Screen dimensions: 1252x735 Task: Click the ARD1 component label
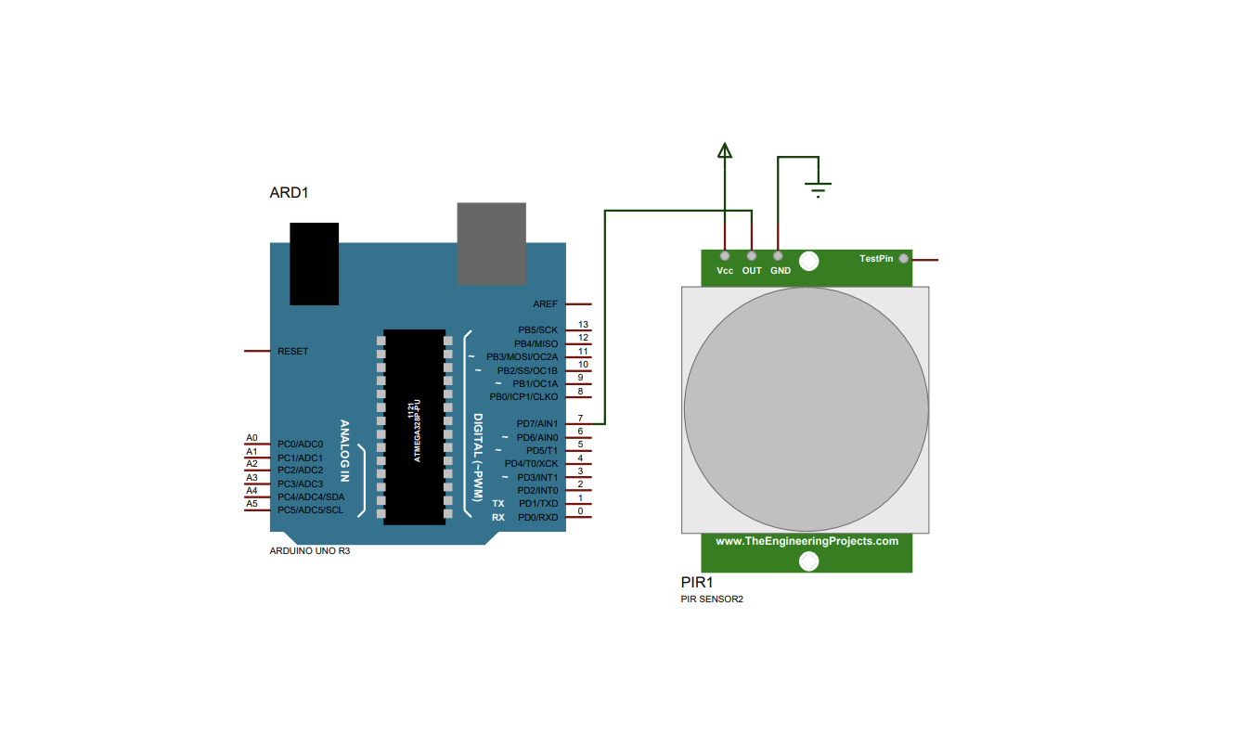[289, 193]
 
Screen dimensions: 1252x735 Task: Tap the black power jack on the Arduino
[314, 264]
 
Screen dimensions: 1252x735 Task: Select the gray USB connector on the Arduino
[491, 244]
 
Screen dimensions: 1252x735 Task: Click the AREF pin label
[545, 304]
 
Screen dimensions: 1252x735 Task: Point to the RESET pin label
[293, 351]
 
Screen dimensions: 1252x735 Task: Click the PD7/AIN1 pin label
[537, 424]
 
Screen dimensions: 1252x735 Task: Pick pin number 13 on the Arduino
[583, 324]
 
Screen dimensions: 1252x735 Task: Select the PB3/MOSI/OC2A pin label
[522, 356]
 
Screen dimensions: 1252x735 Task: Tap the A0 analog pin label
[252, 438]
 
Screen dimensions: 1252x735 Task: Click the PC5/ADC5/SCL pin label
[310, 509]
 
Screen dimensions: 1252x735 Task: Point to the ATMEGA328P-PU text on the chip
[417, 431]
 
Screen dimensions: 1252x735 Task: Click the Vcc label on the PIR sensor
[725, 271]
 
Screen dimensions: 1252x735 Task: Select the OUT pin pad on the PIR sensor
[751, 256]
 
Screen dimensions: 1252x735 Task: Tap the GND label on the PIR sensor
[781, 271]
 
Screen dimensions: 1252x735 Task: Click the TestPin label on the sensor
[876, 259]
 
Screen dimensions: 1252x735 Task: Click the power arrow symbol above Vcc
[724, 150]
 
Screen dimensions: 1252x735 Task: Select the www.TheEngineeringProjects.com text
[807, 541]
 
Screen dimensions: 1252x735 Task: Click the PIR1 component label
[697, 583]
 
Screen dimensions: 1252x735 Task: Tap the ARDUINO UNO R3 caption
[310, 551]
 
